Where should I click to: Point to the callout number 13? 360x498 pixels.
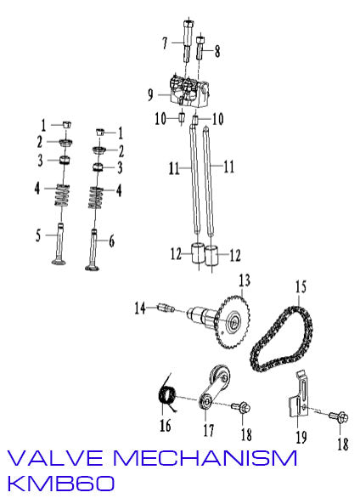point(244,280)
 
